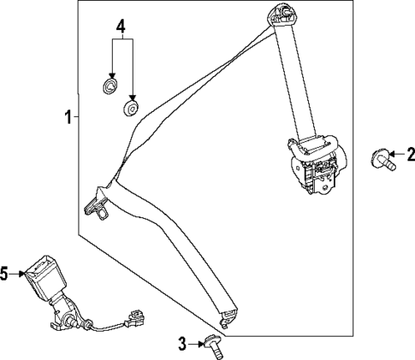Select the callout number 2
pyautogui.click(x=409, y=154)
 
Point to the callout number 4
pyautogui.click(x=121, y=27)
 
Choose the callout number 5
pyautogui.click(x=5, y=274)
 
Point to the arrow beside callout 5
pyautogui.click(x=18, y=274)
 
